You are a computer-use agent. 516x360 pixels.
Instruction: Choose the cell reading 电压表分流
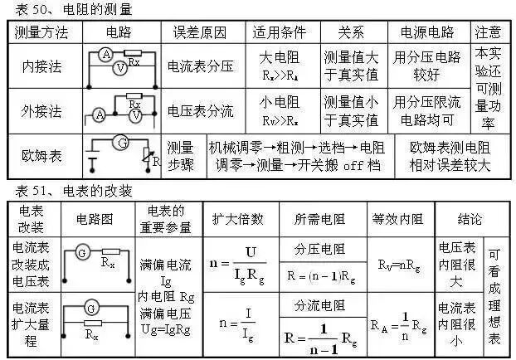point(200,110)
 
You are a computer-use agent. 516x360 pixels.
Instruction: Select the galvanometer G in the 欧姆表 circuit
point(122,143)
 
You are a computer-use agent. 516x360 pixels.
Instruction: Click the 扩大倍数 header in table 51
point(238,220)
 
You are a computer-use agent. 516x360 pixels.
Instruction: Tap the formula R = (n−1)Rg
point(321,273)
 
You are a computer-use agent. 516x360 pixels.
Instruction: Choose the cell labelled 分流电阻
point(321,308)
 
